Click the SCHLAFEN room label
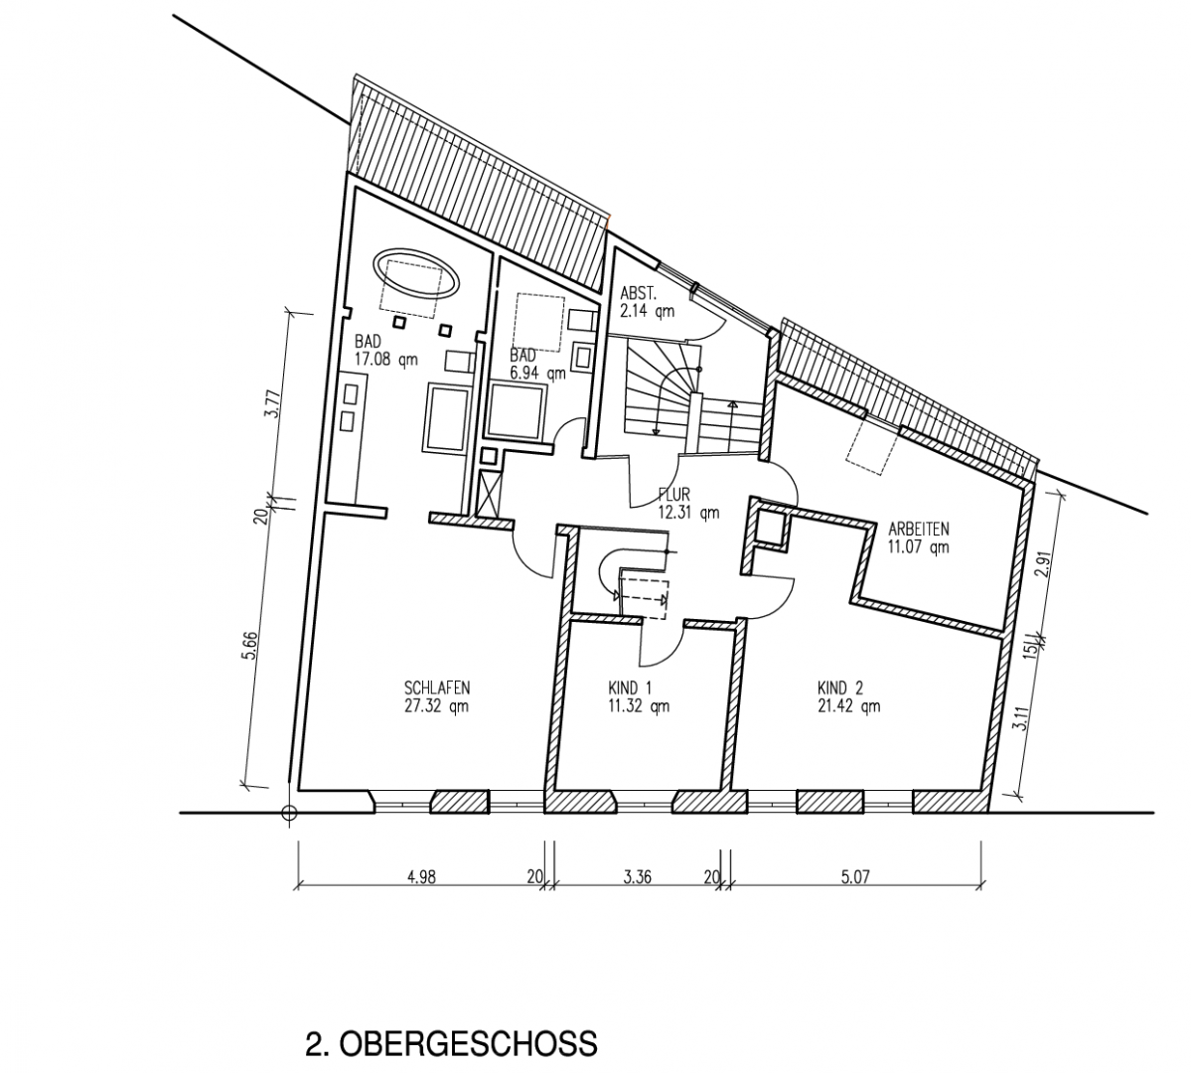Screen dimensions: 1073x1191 click(x=437, y=688)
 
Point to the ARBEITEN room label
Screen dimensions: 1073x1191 click(x=919, y=528)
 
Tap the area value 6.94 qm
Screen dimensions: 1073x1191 click(x=537, y=374)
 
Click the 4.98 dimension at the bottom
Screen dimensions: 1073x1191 click(x=422, y=876)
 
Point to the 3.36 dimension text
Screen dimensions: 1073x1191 click(x=637, y=876)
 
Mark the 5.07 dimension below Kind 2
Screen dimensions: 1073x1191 click(x=855, y=876)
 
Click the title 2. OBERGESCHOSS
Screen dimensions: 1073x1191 click(x=451, y=1044)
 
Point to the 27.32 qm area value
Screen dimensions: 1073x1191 click(x=437, y=707)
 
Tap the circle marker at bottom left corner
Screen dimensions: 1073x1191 click(x=289, y=814)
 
